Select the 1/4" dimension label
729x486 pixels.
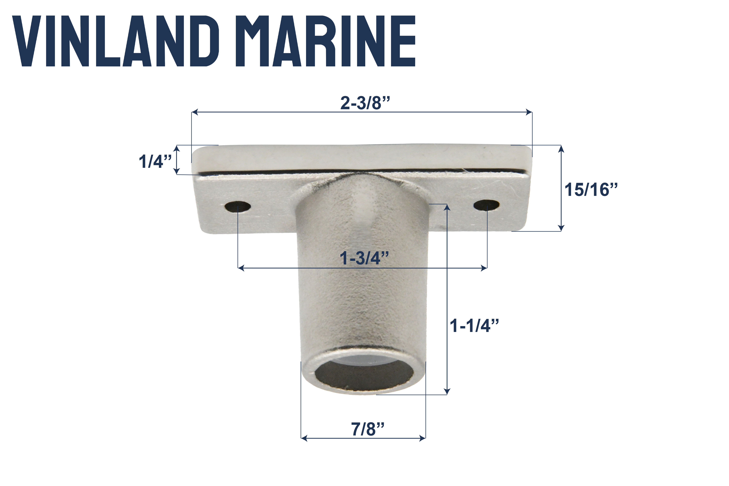[x=155, y=161]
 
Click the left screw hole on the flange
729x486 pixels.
[x=238, y=206]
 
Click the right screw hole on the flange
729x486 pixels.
[x=486, y=205]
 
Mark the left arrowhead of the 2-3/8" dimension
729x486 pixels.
[x=195, y=112]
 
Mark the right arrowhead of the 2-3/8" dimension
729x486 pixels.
[x=529, y=112]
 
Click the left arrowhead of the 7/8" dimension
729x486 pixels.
[x=304, y=438]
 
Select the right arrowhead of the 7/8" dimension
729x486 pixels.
[x=422, y=438]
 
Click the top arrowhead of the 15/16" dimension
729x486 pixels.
[x=561, y=149]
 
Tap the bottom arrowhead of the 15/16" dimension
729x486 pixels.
[x=561, y=228]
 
